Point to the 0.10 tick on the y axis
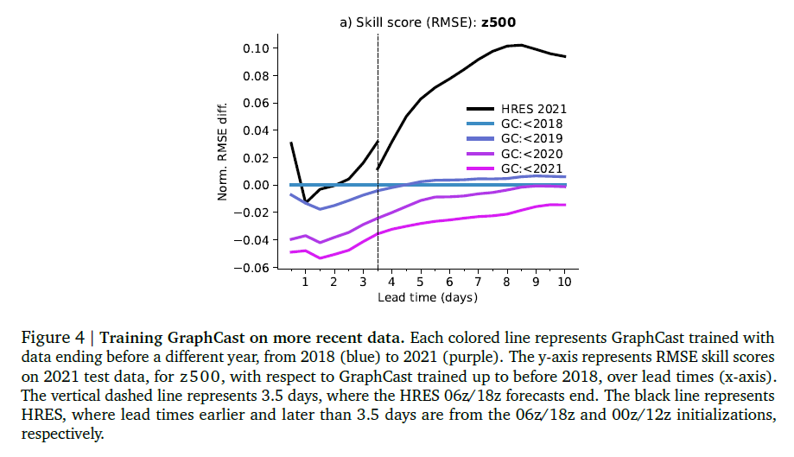click(x=256, y=48)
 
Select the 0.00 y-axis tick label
click(x=256, y=185)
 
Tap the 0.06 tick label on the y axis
click(x=256, y=103)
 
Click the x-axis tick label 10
click(x=564, y=282)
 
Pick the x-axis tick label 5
click(x=420, y=282)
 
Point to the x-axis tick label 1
click(x=305, y=282)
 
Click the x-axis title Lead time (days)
click(x=428, y=297)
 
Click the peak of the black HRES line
click(x=519, y=45)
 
